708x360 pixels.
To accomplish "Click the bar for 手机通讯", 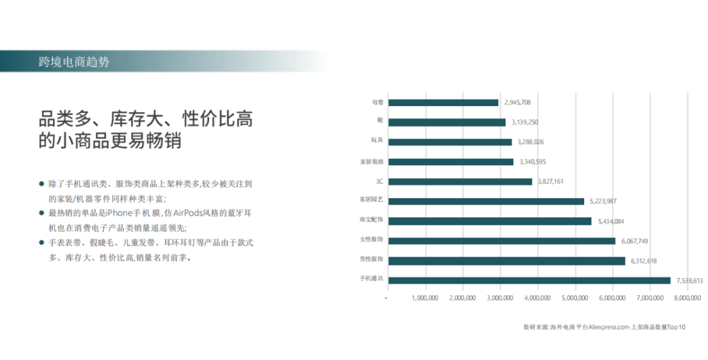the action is tap(529, 281).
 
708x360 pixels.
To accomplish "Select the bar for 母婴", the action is tap(443, 102).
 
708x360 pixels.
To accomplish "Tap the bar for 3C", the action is tap(460, 182).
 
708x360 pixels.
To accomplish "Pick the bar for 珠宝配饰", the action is tap(490, 221).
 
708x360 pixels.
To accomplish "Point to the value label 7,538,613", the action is tap(690, 281).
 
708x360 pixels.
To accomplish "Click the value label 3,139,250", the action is tap(524, 123).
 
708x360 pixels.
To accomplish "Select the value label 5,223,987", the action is tap(603, 201).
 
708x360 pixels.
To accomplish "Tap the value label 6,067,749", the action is tap(635, 241).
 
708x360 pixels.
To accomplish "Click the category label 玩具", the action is tap(377, 140).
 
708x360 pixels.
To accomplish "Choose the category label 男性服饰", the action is tap(371, 259).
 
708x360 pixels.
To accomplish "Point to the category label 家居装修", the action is tap(371, 162).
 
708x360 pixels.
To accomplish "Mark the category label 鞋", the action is tap(380, 120).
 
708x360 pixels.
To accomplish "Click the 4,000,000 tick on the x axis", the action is tap(538, 298).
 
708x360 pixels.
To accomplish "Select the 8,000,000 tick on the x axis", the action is tap(687, 298).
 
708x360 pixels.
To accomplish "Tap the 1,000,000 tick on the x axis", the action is tap(425, 298).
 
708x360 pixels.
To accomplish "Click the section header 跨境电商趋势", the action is tap(74, 62).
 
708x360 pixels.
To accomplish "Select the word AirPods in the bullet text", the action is tap(189, 212).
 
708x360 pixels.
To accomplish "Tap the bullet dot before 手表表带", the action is tap(41, 243).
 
